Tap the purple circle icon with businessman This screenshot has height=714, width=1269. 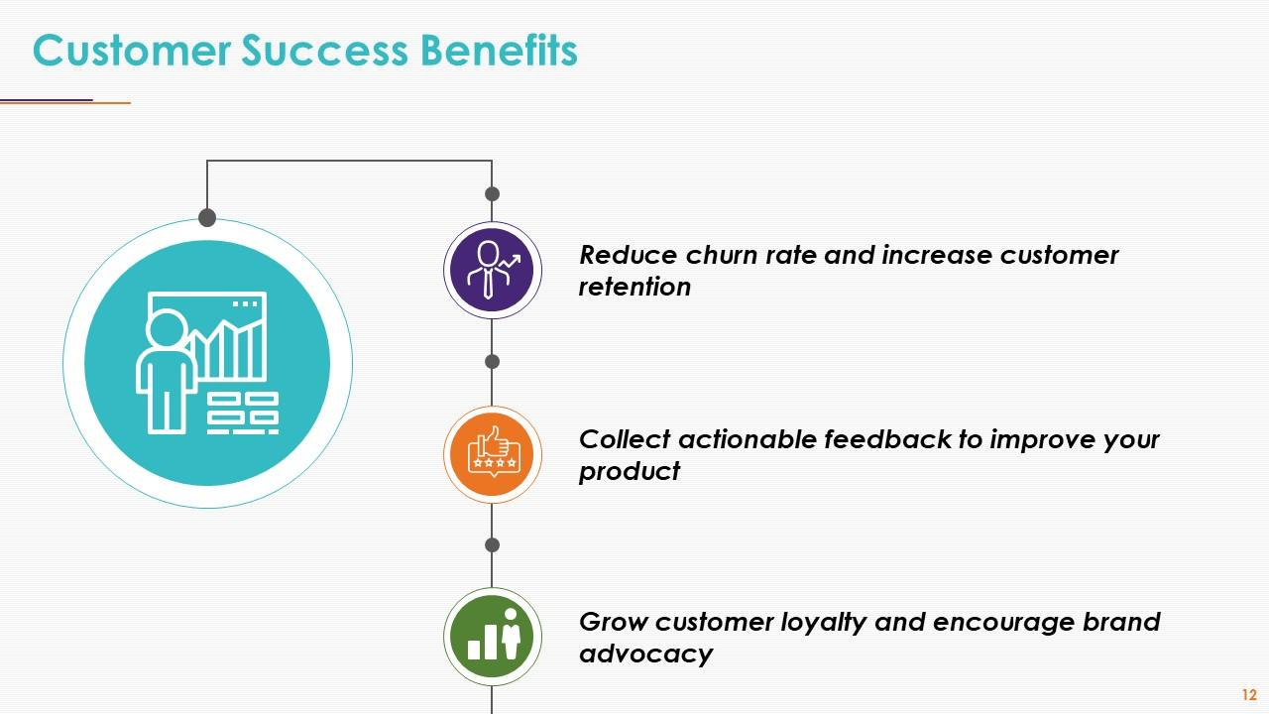click(493, 270)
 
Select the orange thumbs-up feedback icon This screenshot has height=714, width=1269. click(493, 454)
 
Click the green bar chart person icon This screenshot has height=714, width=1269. click(493, 637)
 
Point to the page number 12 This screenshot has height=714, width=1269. click(1248, 695)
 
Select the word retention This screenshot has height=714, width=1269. click(634, 288)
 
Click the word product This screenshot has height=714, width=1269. click(630, 471)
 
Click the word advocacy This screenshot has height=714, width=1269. click(645, 654)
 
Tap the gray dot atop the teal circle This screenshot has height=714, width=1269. click(207, 217)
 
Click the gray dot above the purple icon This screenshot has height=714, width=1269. click(492, 193)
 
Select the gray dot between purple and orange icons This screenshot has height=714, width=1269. click(492, 362)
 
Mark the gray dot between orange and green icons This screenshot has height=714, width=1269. click(492, 545)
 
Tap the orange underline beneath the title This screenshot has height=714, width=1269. click(111, 102)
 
